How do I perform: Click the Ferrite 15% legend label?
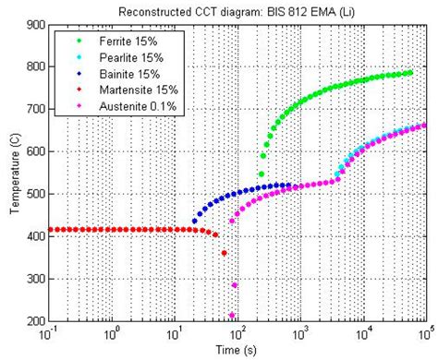point(115,41)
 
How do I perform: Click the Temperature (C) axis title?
point(14,174)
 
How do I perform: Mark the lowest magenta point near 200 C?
point(233,315)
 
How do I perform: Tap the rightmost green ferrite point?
point(409,72)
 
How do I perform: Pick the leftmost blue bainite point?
point(194,222)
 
